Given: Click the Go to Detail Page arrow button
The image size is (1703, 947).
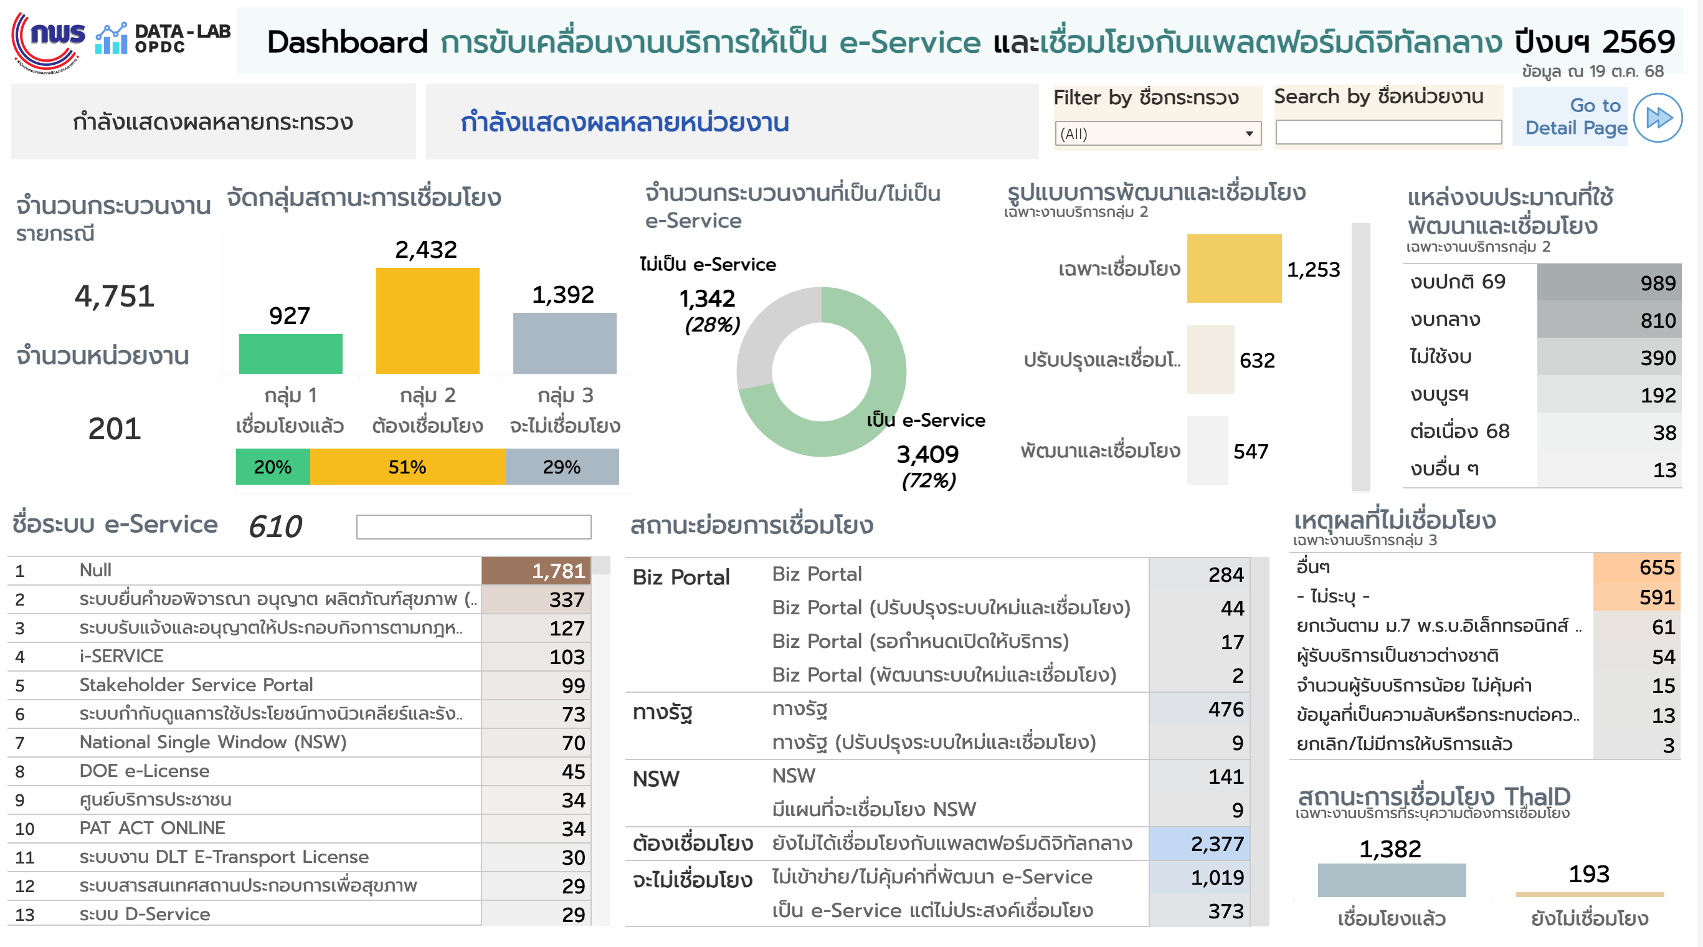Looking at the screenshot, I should [x=1657, y=118].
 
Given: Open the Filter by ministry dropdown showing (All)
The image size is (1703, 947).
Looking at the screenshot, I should [x=1157, y=133].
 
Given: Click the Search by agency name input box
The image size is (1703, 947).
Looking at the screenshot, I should [x=1388, y=132].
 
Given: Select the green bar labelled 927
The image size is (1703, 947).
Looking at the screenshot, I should [x=290, y=353].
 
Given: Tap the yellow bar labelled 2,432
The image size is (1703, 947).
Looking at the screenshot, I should [x=427, y=320].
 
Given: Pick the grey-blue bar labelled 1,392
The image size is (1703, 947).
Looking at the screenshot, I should [x=564, y=343].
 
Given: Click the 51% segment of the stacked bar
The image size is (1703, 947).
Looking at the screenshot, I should [x=407, y=467].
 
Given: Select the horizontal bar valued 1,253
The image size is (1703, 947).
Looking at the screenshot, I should [x=1233, y=269].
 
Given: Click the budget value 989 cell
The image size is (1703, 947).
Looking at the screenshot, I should [x=1608, y=282].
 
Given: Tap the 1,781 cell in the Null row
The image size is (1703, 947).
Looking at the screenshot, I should [x=536, y=571].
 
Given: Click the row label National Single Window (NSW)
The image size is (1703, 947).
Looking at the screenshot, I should [x=213, y=742].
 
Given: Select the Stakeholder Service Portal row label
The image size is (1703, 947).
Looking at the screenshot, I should [x=196, y=685].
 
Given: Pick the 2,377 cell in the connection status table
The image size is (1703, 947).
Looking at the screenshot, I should [x=1198, y=844].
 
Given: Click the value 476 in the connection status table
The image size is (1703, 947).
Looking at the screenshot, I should [x=1198, y=710].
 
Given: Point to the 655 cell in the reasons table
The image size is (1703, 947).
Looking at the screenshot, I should [x=1636, y=568].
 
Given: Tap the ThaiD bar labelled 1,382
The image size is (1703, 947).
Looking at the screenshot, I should [x=1391, y=880].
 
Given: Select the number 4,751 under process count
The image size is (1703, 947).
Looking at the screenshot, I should [x=115, y=295].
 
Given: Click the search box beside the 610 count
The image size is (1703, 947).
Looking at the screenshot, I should [x=473, y=527].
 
